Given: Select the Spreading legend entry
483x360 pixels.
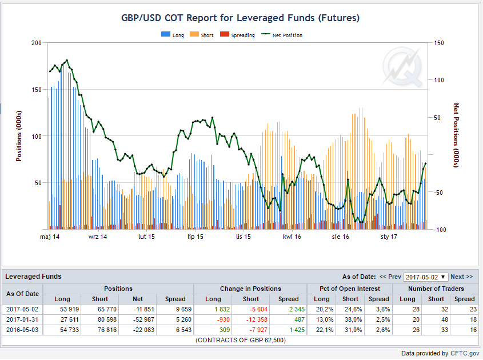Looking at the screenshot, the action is pos(237,35).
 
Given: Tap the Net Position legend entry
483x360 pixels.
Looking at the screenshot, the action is pos(282,35).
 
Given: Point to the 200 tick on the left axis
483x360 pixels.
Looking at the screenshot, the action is pos(37,43).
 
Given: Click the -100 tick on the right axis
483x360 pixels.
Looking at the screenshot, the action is pos(440,230).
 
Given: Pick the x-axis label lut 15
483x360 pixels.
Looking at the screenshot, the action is pos(146,237).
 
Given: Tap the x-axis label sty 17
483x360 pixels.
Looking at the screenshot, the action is pos(389,237).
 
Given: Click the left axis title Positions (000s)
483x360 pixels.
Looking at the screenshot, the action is pos(19,136).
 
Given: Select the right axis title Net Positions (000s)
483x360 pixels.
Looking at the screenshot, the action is pos(456,135).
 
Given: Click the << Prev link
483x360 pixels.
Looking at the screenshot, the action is pos(390,277).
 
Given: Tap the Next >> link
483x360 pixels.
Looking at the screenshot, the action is pos(461,277).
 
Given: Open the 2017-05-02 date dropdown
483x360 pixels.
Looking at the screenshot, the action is pos(425,277).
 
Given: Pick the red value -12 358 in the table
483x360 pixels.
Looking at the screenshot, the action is pos(257,319).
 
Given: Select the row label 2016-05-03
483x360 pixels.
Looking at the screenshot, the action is pos(22,330).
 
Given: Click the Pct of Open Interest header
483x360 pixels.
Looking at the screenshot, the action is pos(350,289).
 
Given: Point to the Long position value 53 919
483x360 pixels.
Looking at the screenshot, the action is pos(70,309).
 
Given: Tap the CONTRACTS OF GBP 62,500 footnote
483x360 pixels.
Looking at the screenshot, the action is pos(241,341).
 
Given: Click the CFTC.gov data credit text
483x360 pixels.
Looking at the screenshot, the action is pos(465,353).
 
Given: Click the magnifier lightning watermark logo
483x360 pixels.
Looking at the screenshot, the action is pos(402,67).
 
